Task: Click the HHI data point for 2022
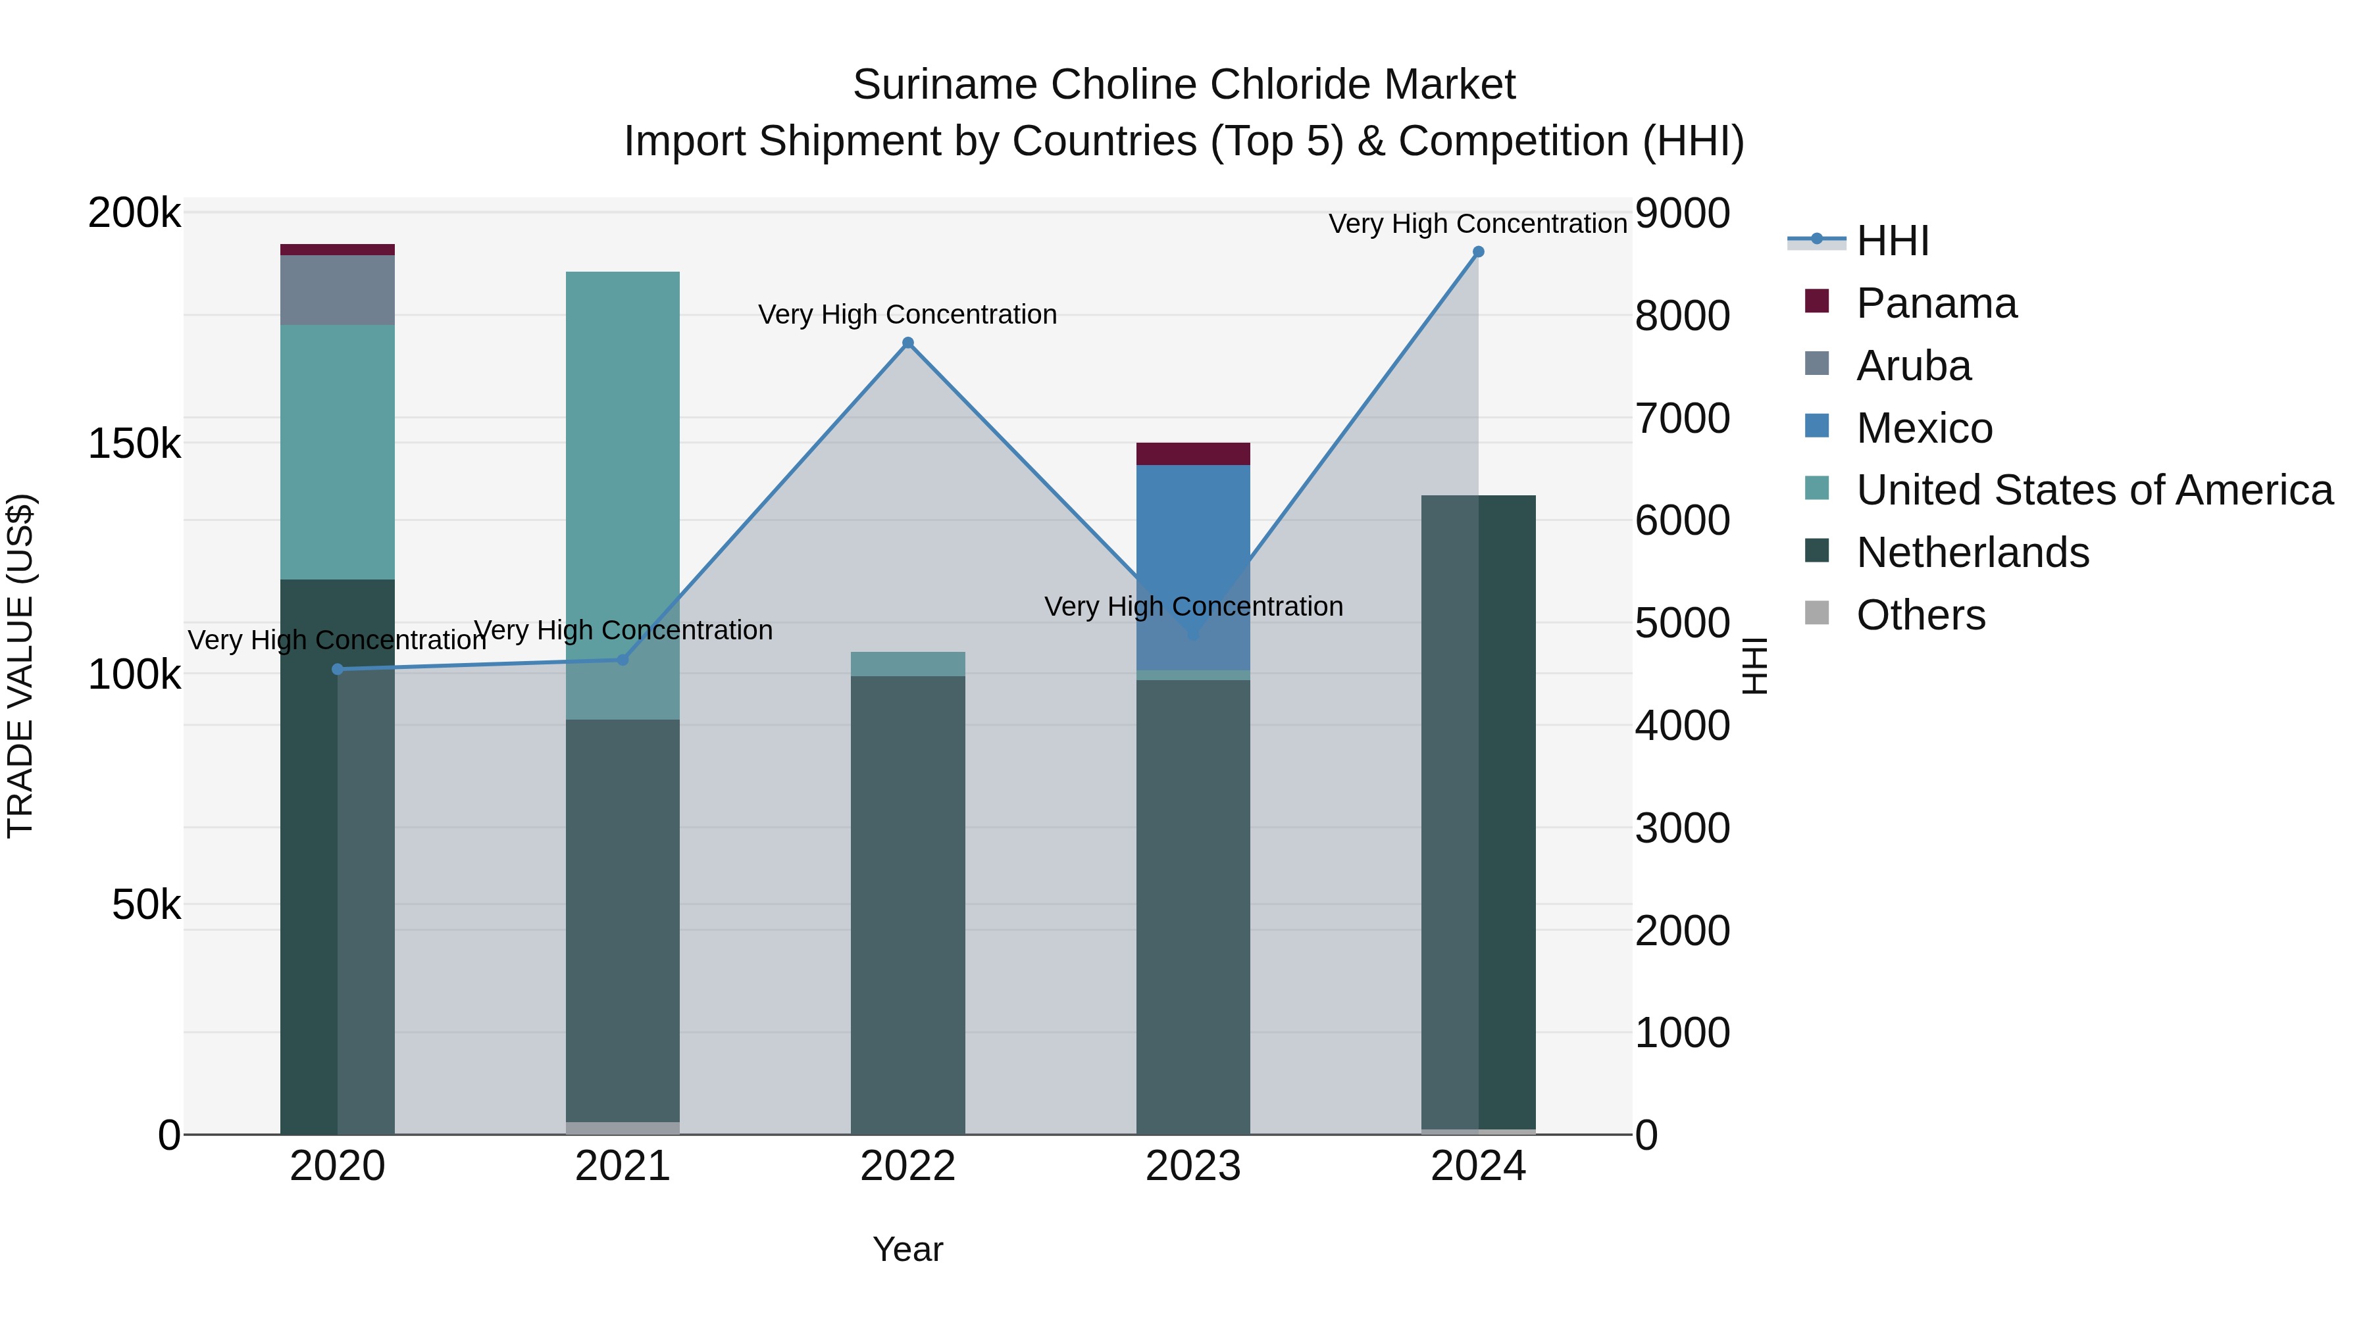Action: click(x=907, y=343)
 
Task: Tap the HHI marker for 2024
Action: click(x=1478, y=252)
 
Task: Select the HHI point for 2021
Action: click(x=623, y=659)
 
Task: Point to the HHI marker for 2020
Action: click(x=338, y=669)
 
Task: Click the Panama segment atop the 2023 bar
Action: click(x=1193, y=454)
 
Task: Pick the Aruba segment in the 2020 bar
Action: click(x=338, y=291)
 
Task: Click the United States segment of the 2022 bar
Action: click(x=907, y=664)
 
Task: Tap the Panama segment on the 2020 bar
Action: click(x=338, y=250)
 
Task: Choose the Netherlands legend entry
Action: click(x=1972, y=553)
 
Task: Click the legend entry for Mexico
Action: click(x=1924, y=428)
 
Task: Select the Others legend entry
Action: click(x=1920, y=615)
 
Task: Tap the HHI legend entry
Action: click(x=1892, y=241)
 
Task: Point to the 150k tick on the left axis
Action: click(x=134, y=444)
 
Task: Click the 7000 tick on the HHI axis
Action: click(x=1682, y=418)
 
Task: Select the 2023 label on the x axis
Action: click(x=1193, y=1166)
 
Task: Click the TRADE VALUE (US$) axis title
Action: click(x=20, y=666)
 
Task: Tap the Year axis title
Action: click(x=907, y=1249)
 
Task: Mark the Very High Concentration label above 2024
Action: click(x=1478, y=224)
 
